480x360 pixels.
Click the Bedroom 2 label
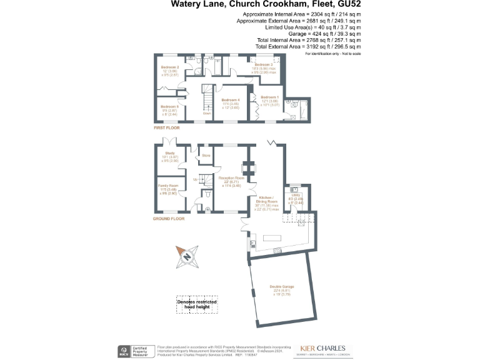(170, 67)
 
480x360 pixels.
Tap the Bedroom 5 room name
(170, 107)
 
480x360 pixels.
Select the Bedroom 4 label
(231, 101)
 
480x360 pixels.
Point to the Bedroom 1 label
(269, 97)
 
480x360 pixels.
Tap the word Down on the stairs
(207, 114)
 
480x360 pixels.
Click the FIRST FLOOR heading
(167, 127)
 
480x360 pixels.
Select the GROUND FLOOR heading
(169, 219)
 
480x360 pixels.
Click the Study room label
(170, 152)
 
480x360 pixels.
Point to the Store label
(206, 154)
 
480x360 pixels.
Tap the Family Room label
(170, 186)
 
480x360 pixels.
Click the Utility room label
(296, 195)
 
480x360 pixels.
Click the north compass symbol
(187, 256)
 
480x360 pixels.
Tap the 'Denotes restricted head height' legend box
(197, 304)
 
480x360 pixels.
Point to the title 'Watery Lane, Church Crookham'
(249, 5)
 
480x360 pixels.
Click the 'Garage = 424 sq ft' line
(330, 34)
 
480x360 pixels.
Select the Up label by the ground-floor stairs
(196, 180)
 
